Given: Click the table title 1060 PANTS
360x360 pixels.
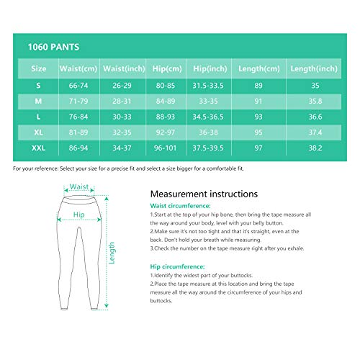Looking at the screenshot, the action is tap(53, 47).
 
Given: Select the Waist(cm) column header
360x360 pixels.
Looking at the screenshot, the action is tap(78, 69).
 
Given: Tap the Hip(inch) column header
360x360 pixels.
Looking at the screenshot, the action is tap(210, 69).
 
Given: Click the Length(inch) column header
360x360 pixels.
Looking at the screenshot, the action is tap(314, 69).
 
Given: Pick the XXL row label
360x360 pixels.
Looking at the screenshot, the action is tap(38, 148).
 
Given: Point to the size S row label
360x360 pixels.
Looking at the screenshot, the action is tap(38, 86).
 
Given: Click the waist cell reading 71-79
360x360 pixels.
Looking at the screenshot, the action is tap(78, 102).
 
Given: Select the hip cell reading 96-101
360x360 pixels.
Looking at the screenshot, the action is tap(165, 148).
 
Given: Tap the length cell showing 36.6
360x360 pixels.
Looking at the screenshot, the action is tap(315, 117).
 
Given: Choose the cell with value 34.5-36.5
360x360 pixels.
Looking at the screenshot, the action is tap(208, 117).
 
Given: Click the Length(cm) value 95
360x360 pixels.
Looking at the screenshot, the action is tap(258, 132).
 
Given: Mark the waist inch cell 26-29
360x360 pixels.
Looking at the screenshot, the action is tap(122, 86).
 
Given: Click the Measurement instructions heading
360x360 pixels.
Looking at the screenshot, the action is tap(204, 194).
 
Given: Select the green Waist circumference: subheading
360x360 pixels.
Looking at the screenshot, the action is tap(180, 206).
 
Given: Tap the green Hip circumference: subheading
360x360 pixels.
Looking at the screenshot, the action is tap(177, 266).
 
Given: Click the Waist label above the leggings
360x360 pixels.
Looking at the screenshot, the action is tap(79, 186).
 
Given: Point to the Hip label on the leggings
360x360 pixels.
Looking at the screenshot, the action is tap(79, 215).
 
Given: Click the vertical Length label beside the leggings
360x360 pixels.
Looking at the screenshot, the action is tap(112, 253).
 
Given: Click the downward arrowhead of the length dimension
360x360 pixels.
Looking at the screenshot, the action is tap(107, 306).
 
